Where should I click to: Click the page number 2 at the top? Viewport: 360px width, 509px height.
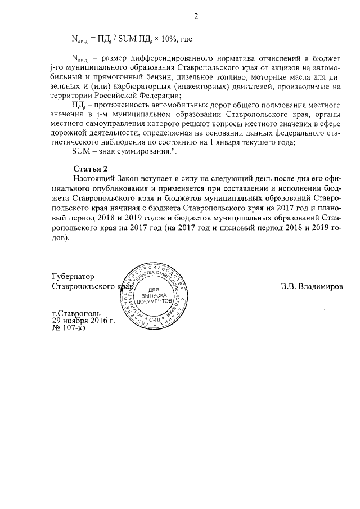click(196, 16)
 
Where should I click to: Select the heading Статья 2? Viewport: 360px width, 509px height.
click(91, 169)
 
